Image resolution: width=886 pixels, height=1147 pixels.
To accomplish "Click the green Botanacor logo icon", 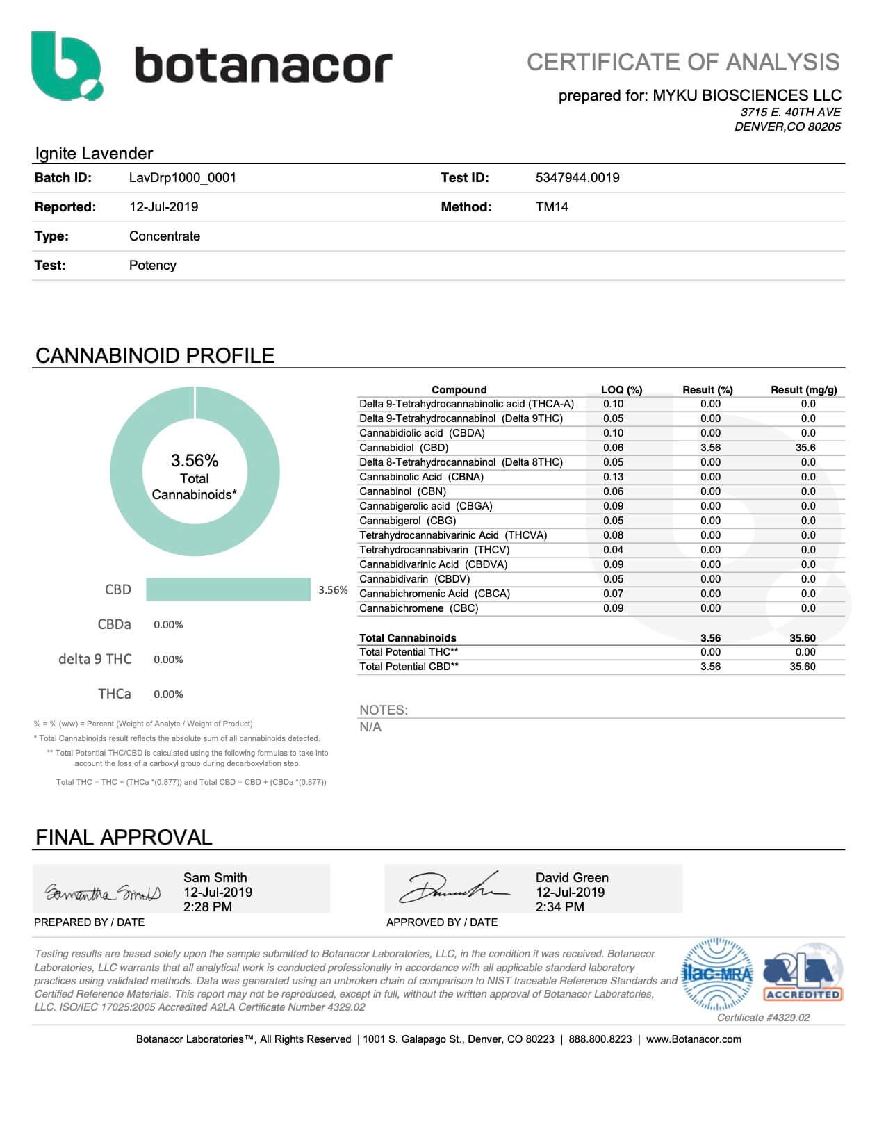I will (x=67, y=65).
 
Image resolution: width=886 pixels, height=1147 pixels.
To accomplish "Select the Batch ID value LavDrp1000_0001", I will (x=183, y=178).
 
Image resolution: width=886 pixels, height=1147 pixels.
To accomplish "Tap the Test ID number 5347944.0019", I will (x=577, y=178).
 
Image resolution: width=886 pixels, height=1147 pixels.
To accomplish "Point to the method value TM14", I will (x=552, y=207).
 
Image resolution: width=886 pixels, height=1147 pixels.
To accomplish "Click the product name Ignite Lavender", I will (x=94, y=154).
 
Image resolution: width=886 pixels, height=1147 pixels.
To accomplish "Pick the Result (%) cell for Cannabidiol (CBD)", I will (x=710, y=448).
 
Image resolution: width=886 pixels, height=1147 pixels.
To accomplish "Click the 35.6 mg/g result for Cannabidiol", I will (x=805, y=448).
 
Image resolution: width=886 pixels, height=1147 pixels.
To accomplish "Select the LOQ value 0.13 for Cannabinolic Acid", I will (x=613, y=477).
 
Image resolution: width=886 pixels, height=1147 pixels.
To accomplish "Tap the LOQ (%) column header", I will (x=621, y=390).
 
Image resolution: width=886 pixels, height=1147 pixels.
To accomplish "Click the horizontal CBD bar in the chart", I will (x=228, y=589).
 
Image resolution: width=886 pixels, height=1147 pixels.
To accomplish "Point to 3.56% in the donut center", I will (x=195, y=461).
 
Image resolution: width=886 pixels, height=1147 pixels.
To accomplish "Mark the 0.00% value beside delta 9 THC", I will (x=168, y=660).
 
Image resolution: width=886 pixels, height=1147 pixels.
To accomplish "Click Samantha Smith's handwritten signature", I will (x=103, y=892).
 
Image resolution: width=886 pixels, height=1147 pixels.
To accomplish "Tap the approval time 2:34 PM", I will (x=559, y=907).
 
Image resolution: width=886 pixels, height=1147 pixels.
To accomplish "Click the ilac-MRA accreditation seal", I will (x=718, y=974).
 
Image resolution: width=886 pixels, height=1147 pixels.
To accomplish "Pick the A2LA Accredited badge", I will (x=803, y=974).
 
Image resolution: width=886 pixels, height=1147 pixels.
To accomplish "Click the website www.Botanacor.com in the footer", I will (x=694, y=1039).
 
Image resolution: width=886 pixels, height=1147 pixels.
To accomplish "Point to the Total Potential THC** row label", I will (x=409, y=652).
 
